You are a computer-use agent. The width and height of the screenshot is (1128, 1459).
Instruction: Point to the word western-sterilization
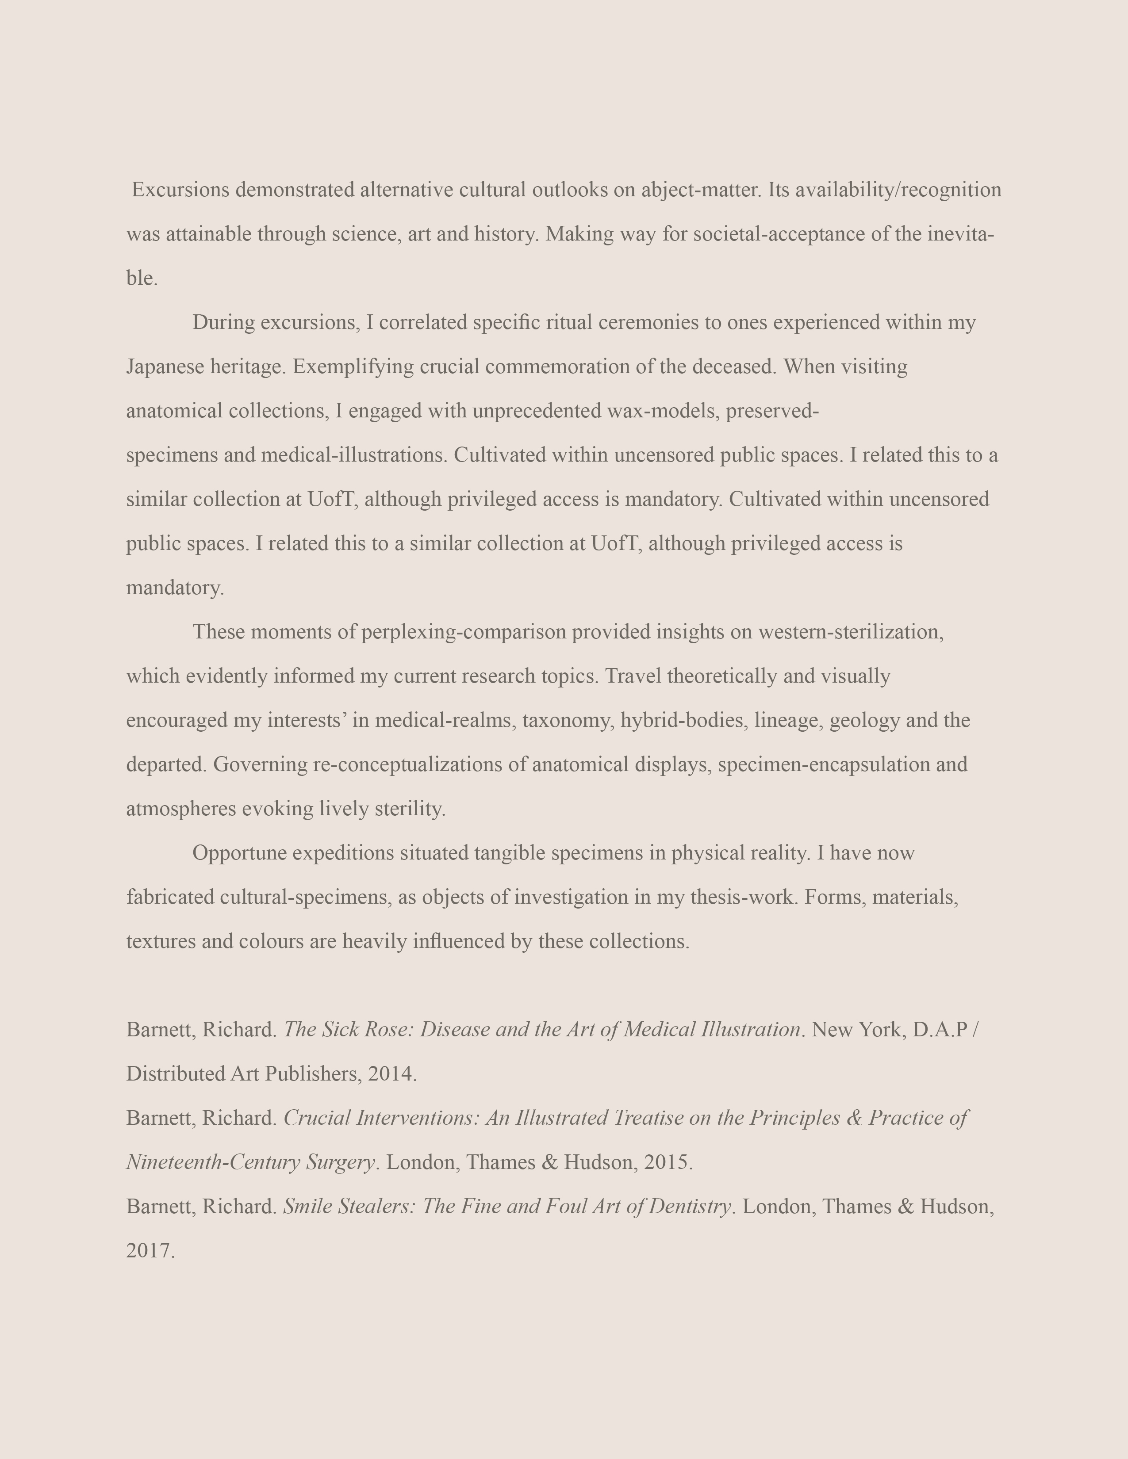pyautogui.click(x=851, y=631)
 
